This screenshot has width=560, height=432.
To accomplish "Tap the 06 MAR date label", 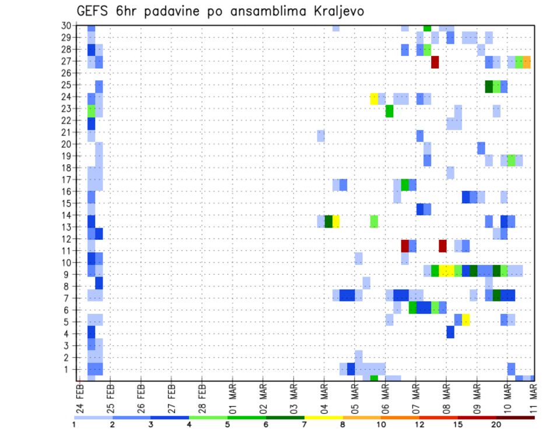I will coord(384,397).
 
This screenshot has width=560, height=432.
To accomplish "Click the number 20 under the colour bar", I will coord(496,424).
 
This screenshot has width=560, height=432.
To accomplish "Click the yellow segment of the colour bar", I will coord(323,417).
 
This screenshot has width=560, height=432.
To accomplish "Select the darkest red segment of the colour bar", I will coord(515,417).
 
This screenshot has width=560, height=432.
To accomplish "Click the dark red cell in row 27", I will coord(435,62).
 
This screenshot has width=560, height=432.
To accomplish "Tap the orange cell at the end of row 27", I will coord(527,62).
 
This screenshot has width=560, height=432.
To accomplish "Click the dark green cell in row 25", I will coord(489,86).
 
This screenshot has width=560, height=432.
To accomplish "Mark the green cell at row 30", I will coord(428,28).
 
